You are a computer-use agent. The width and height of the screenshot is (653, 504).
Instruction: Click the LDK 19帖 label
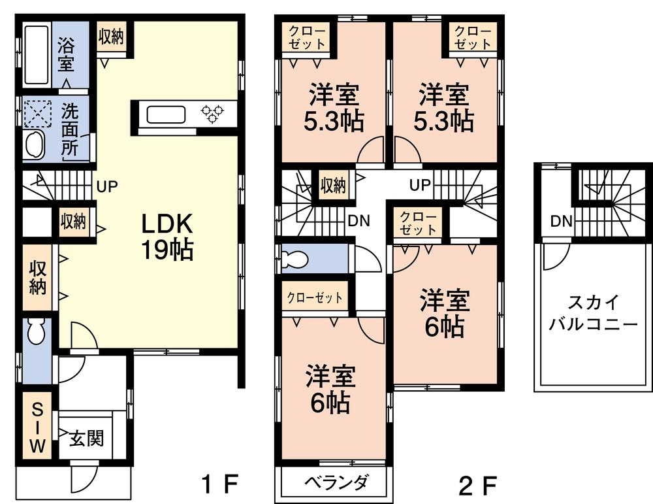(x=167, y=237)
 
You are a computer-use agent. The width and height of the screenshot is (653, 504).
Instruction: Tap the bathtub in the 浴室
(x=37, y=55)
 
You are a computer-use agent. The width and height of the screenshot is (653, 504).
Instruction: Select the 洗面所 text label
(x=70, y=130)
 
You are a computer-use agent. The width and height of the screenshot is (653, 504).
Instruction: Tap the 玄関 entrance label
(x=86, y=439)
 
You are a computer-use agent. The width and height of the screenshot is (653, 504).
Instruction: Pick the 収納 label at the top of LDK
(x=111, y=37)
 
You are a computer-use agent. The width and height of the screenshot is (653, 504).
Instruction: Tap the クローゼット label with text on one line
(x=315, y=297)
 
